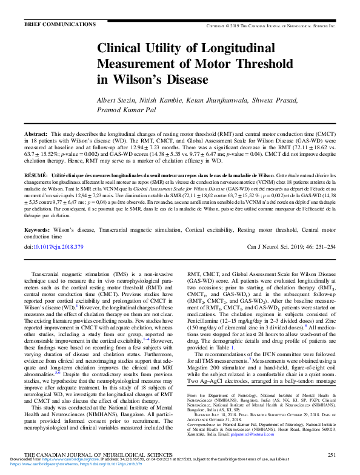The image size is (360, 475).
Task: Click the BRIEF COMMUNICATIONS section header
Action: click(x=55, y=24)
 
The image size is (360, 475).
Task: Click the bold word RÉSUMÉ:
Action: click(x=36, y=173)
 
